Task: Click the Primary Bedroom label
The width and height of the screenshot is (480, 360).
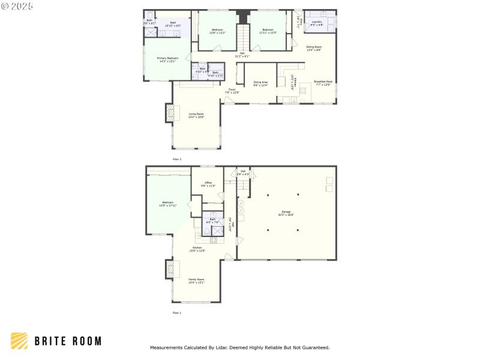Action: click(169, 58)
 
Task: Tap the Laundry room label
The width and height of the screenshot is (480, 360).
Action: click(317, 22)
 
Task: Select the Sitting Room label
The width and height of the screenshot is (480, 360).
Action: click(314, 46)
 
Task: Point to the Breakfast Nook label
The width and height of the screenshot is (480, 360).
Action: click(323, 82)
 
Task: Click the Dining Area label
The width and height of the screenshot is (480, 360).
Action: click(260, 82)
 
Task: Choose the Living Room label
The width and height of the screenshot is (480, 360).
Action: click(197, 113)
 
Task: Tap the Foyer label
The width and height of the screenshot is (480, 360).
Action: click(232, 89)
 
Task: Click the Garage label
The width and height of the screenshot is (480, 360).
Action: click(286, 211)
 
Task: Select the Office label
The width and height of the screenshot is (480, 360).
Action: click(208, 182)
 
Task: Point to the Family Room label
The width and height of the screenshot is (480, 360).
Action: click(197, 279)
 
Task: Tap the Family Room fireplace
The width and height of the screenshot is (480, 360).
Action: click(169, 269)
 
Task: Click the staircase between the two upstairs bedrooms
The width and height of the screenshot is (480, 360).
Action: click(242, 38)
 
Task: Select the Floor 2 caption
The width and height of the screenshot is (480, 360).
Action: click(177, 159)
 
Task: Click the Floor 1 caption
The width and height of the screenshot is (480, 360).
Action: click(177, 313)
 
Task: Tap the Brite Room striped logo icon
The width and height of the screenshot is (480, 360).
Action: click(19, 341)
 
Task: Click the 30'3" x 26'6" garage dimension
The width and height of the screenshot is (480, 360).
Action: click(286, 214)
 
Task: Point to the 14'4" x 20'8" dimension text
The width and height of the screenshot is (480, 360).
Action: click(197, 117)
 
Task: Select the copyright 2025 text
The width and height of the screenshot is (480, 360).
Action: click(17, 6)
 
